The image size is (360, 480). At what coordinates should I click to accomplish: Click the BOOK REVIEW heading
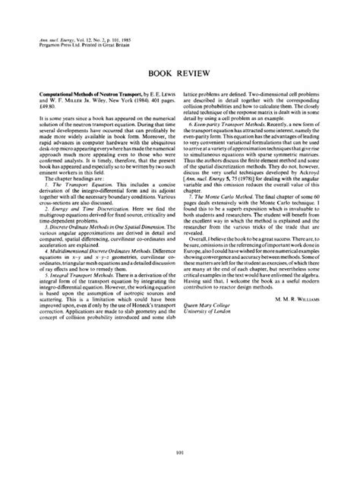(x=180, y=77)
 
